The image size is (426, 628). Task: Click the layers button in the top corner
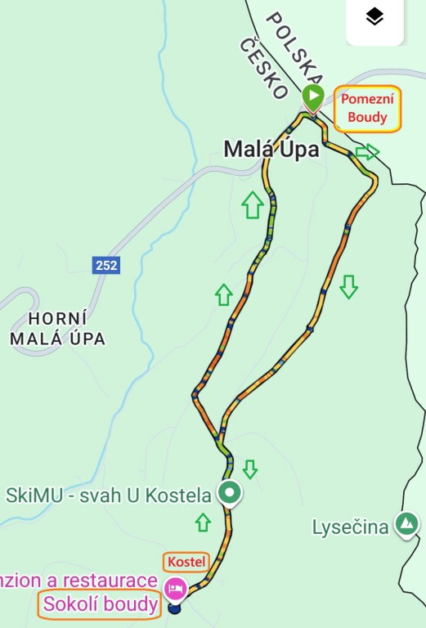pos(374,18)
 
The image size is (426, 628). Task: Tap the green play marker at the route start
pos(312,96)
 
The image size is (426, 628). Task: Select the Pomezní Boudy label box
pos(367,108)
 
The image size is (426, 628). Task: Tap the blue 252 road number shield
pos(106,265)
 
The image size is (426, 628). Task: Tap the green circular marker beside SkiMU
pos(230,493)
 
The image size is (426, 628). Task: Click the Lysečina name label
pos(350,527)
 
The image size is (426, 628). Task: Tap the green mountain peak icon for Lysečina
pos(406,524)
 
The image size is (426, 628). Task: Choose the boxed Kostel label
pos(186,562)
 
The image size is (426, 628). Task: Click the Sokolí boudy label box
pos(101,605)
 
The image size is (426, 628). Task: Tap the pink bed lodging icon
pos(175,588)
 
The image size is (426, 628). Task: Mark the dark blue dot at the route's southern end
pos(174,607)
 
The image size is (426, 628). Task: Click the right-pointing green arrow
pos(368,152)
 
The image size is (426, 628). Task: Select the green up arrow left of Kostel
pos(203,523)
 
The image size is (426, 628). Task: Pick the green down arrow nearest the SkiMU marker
pos(250,469)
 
